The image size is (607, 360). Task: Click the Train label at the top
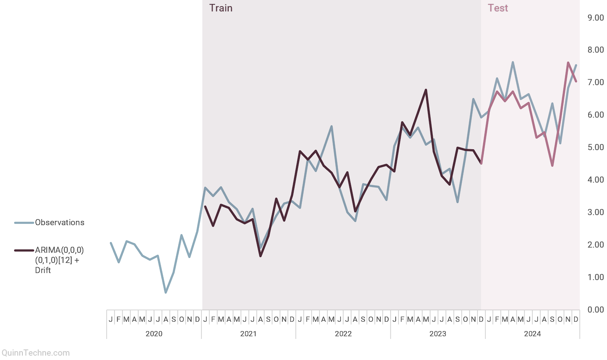[221, 8]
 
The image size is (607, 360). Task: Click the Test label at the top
[498, 8]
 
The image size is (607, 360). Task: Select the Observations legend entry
[59, 223]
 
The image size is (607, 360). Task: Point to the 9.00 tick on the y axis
[596, 18]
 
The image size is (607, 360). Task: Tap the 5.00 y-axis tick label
[596, 147]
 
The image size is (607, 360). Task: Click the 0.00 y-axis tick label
[596, 310]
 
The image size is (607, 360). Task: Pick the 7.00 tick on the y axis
[596, 83]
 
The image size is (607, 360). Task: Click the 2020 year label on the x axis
[154, 334]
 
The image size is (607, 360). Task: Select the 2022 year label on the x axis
[343, 334]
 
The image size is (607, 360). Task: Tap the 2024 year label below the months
[532, 334]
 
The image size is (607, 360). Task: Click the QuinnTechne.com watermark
[35, 353]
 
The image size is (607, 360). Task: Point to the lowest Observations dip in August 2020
[165, 292]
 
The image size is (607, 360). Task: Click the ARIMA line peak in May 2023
[426, 90]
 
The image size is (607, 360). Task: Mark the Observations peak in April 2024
[513, 62]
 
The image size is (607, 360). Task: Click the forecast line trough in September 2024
[552, 166]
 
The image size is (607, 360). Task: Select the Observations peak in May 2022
[331, 126]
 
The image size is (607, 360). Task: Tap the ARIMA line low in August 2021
[260, 256]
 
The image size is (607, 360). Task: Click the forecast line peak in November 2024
[568, 63]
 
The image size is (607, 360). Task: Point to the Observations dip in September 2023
[457, 202]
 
